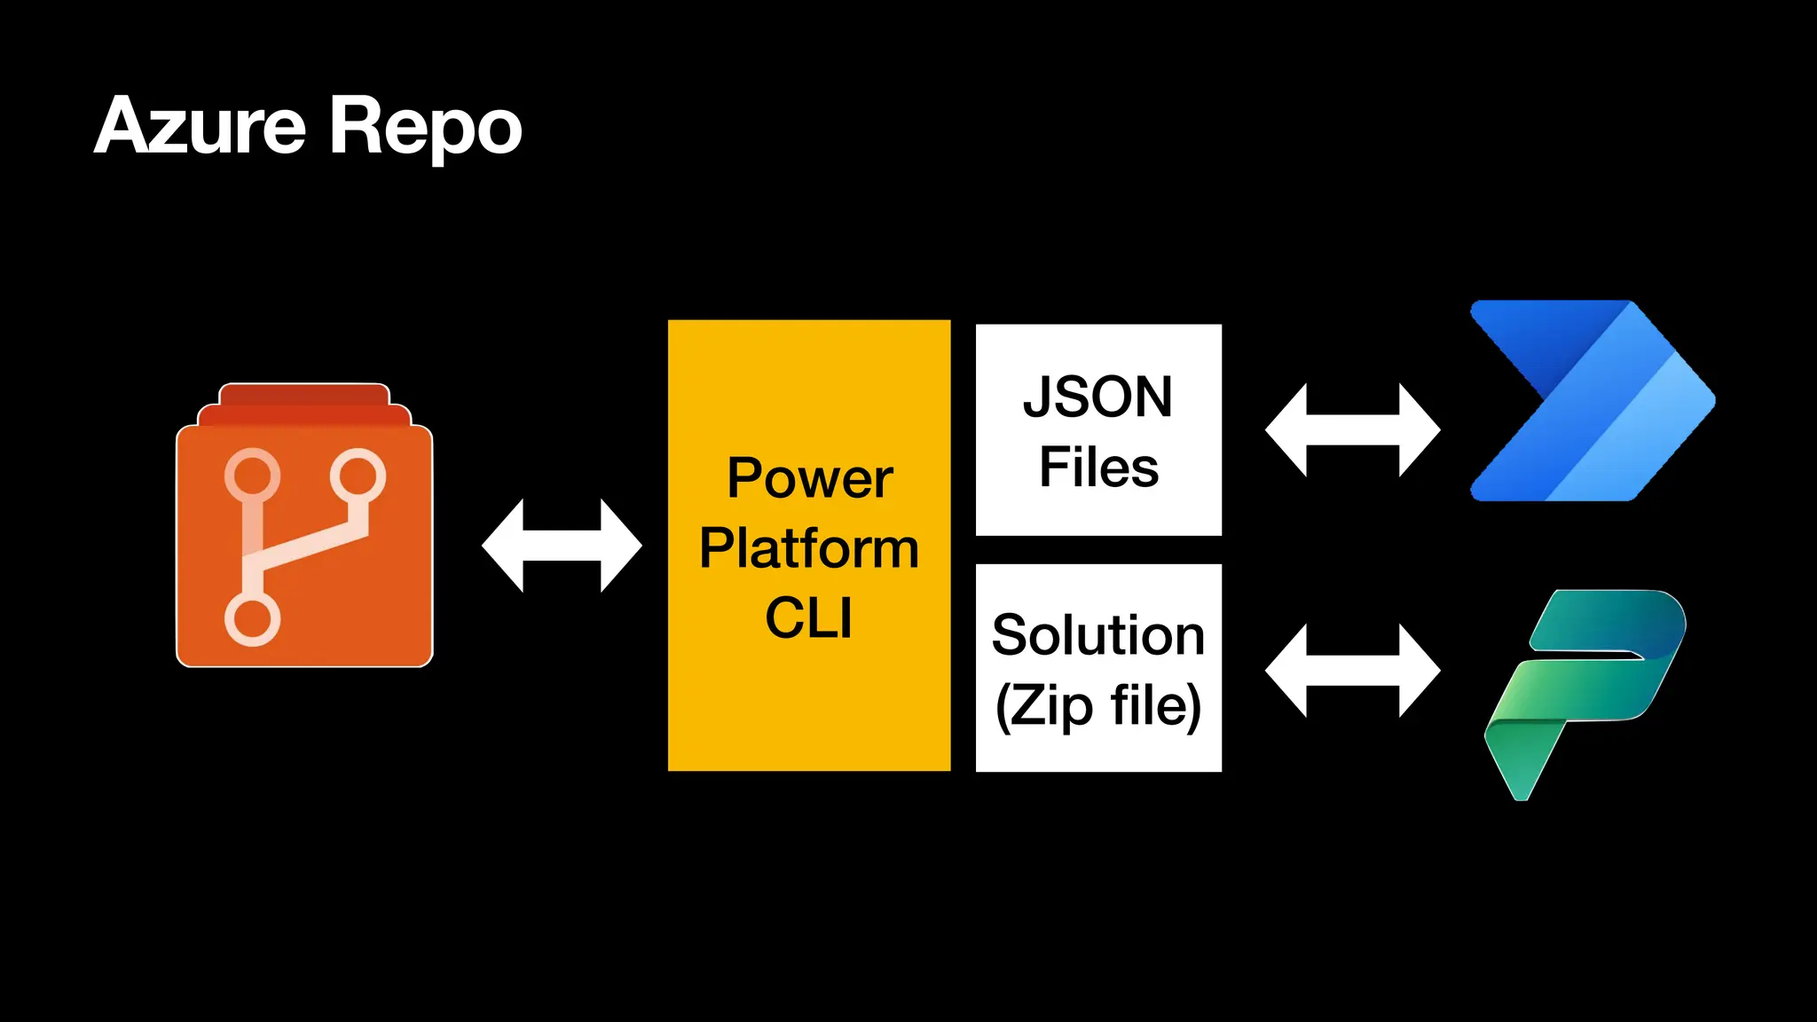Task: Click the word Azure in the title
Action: (x=200, y=126)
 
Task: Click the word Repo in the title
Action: (x=426, y=129)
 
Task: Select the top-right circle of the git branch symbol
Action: (x=358, y=476)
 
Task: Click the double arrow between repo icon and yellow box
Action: (x=562, y=545)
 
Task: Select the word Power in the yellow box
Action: (x=809, y=479)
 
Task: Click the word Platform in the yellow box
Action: (x=809, y=548)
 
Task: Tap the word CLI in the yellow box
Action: (x=809, y=617)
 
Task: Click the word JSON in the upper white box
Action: (x=1098, y=397)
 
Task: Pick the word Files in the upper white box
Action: (x=1098, y=468)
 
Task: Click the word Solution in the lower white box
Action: (x=1098, y=635)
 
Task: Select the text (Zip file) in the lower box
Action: (x=1098, y=706)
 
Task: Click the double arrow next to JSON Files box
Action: (x=1352, y=430)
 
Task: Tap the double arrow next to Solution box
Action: (x=1352, y=670)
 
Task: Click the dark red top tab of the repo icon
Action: (x=304, y=394)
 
